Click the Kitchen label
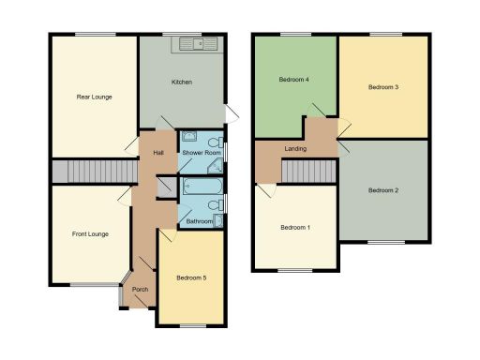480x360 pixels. click(181, 82)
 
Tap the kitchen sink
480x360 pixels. click(200, 42)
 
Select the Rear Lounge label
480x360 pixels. click(94, 97)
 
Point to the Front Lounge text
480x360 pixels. click(90, 233)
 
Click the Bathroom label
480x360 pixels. click(199, 221)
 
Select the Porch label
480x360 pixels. click(140, 289)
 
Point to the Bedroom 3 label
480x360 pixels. click(382, 87)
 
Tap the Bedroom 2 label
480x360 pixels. click(382, 190)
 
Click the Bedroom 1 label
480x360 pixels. click(294, 228)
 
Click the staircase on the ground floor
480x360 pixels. click(79, 172)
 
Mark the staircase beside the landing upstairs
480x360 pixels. click(308, 172)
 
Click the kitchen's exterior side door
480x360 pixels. click(233, 112)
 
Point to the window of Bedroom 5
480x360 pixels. click(192, 325)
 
